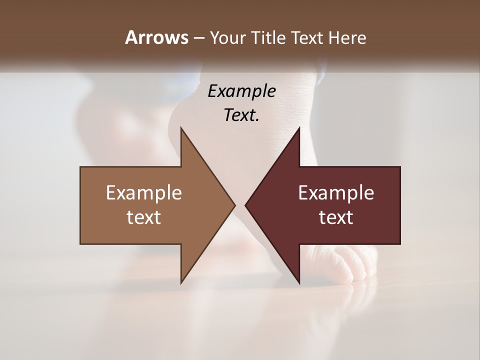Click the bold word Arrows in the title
[x=156, y=37]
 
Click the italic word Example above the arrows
[x=242, y=91]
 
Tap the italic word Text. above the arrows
[x=242, y=115]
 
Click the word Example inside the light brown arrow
[x=144, y=193]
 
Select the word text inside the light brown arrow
[x=144, y=217]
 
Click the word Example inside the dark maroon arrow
[x=336, y=193]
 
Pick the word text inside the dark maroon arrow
[x=336, y=217]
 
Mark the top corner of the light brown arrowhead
[x=181, y=128]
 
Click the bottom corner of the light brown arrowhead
[x=181, y=282]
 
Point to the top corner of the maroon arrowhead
[x=299, y=128]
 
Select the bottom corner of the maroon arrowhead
[x=299, y=282]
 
